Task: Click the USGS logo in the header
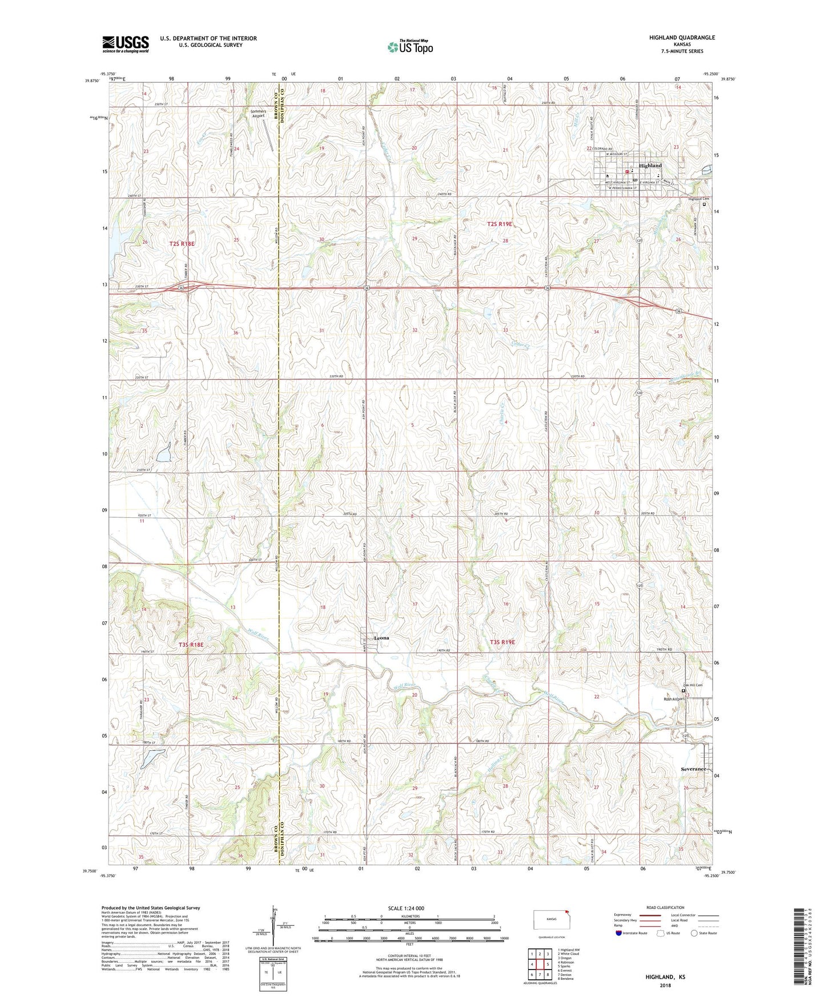pyautogui.click(x=126, y=43)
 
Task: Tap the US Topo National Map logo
pyautogui.click(x=410, y=46)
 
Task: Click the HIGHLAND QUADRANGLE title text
pyautogui.click(x=682, y=38)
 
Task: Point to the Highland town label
pyautogui.click(x=650, y=166)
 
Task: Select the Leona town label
pyautogui.click(x=381, y=638)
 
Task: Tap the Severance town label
pyautogui.click(x=693, y=769)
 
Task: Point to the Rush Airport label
pyautogui.click(x=673, y=699)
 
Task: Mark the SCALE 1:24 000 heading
pyautogui.click(x=406, y=908)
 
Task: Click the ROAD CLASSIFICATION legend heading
pyautogui.click(x=665, y=907)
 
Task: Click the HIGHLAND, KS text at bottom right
pyautogui.click(x=665, y=977)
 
